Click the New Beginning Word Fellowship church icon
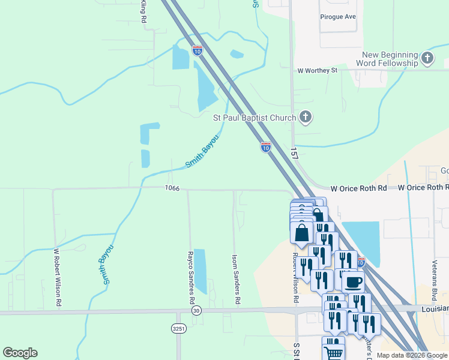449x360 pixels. (427, 58)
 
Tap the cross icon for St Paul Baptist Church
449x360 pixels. (306, 117)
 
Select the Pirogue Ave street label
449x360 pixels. (338, 17)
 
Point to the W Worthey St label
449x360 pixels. (318, 70)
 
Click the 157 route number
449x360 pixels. (294, 154)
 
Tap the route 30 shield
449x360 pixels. (196, 311)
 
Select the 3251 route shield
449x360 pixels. (178, 329)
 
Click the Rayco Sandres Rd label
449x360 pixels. (191, 277)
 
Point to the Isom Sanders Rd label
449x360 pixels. (236, 278)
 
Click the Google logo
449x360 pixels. (20, 353)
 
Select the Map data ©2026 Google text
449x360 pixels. (411, 355)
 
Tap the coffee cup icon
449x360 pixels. (353, 281)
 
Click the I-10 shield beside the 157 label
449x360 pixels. (266, 146)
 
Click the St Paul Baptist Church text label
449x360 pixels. (255, 118)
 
